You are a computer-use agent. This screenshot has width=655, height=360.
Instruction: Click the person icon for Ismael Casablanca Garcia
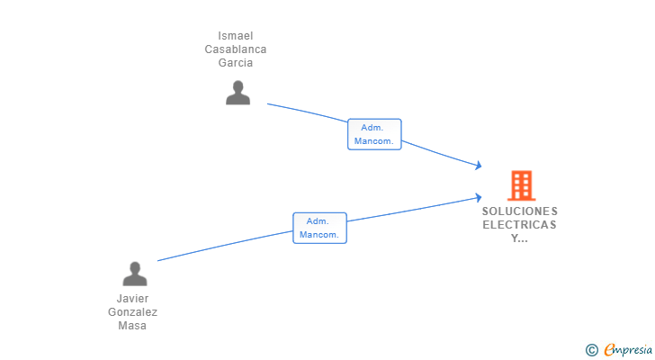tap(238, 93)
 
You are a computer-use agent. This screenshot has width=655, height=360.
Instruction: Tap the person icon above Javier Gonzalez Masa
tap(135, 274)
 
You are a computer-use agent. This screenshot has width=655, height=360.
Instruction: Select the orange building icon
tap(521, 185)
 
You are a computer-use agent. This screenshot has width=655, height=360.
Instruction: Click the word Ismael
tap(235, 36)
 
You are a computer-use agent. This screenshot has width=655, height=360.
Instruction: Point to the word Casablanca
tap(235, 49)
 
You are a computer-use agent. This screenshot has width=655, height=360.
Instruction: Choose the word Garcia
tap(235, 63)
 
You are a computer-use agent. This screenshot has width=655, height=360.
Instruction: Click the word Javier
tap(132, 299)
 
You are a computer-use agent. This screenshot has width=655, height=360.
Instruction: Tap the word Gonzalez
tap(132, 312)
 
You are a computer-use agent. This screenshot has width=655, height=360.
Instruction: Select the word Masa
tap(132, 325)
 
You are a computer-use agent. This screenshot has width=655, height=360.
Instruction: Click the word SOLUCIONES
tap(520, 211)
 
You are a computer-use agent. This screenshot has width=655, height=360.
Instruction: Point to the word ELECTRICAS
tap(520, 225)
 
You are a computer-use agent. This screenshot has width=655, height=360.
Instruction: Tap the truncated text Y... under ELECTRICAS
tap(520, 238)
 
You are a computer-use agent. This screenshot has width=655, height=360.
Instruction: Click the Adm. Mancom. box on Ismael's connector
tap(374, 134)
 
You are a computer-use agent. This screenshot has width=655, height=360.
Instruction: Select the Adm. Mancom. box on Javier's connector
tap(319, 228)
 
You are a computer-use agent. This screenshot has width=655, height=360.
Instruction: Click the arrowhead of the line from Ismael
tap(480, 166)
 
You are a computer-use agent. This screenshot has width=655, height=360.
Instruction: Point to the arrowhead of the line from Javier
tap(480, 197)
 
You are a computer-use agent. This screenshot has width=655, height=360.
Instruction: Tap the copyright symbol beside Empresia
tap(591, 350)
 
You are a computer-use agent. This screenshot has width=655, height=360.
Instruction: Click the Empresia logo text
tap(628, 349)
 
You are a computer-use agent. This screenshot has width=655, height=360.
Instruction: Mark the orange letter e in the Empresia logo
tap(609, 349)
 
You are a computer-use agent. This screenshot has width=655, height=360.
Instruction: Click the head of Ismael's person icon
tap(238, 86)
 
